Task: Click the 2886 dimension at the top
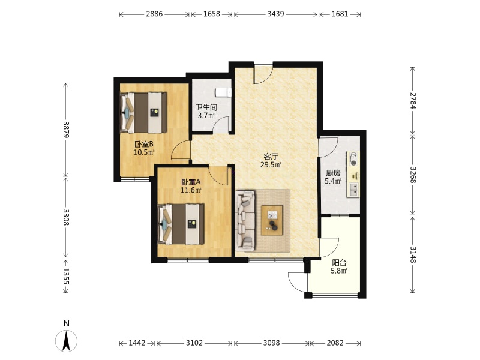(x=154, y=14)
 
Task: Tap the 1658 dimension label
(x=212, y=14)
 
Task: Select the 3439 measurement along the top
(x=275, y=14)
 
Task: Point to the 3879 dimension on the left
(x=66, y=130)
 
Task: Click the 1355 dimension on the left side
(x=66, y=276)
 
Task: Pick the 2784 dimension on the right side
(x=413, y=101)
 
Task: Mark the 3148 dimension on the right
(x=413, y=254)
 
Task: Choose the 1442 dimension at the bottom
(x=137, y=343)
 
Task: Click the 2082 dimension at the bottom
(x=335, y=343)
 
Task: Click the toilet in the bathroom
(x=223, y=92)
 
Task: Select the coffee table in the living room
(x=272, y=220)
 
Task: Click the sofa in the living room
(x=245, y=220)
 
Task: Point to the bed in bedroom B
(x=143, y=112)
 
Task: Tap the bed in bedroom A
(x=181, y=224)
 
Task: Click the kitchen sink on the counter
(x=354, y=190)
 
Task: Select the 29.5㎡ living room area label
(x=271, y=165)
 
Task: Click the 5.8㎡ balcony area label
(x=339, y=271)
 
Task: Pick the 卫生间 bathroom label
(x=206, y=107)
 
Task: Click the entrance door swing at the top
(x=263, y=74)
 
